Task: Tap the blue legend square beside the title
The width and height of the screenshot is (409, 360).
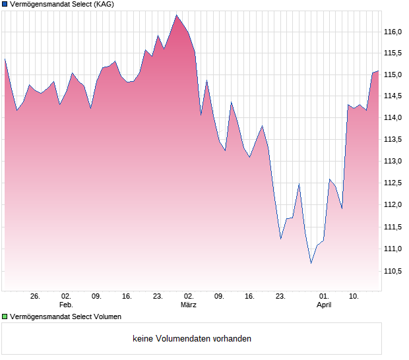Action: tap(5, 5)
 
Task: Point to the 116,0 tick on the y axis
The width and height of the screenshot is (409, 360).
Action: tap(394, 32)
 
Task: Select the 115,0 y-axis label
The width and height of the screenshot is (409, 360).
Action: tap(394, 75)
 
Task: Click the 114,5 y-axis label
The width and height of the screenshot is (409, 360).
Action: tap(394, 96)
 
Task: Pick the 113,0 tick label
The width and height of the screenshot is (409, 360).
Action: tap(394, 162)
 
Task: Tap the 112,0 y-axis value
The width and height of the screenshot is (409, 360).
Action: tap(394, 204)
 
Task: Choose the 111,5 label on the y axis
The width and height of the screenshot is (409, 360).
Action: tap(394, 227)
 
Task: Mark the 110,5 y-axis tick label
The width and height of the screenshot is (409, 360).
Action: tap(394, 270)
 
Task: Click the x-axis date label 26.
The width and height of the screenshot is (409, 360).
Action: tap(35, 297)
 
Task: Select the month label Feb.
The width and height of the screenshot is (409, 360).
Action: tap(65, 305)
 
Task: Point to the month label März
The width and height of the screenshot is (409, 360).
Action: tap(189, 305)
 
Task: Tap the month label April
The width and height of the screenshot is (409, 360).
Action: tap(324, 305)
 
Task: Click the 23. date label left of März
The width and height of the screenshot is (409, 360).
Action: tap(158, 297)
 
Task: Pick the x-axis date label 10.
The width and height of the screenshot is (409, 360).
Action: tap(354, 297)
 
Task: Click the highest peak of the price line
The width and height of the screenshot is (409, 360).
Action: tap(176, 15)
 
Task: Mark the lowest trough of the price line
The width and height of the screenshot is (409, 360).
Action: tap(311, 263)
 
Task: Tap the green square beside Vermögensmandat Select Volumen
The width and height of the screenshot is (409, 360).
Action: tap(5, 317)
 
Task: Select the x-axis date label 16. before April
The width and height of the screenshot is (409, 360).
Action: tap(250, 297)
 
